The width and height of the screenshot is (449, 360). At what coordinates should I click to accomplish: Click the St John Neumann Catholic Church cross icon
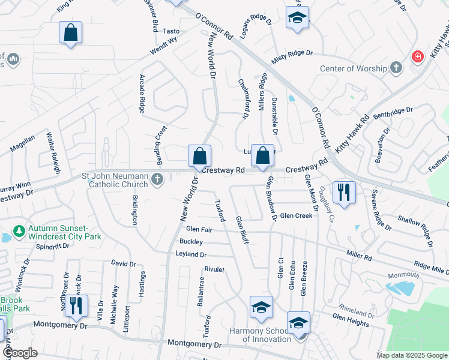(157, 179)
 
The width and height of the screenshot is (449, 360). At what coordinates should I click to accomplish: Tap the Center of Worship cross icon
(396, 68)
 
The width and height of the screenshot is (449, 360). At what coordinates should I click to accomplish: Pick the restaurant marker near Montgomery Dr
(76, 305)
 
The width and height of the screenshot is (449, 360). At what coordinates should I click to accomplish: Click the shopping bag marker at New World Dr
(199, 156)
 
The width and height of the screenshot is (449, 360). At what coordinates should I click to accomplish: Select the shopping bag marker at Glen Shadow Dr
(262, 156)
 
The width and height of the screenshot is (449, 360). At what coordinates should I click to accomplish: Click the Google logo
(20, 353)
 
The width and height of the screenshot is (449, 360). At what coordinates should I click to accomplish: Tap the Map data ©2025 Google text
(411, 355)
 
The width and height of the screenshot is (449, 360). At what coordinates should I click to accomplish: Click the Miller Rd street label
(359, 256)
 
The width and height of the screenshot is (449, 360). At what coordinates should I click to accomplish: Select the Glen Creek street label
(296, 215)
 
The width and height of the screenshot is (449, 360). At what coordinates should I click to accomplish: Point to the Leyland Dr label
(191, 254)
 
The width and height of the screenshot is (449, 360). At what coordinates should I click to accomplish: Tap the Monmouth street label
(403, 275)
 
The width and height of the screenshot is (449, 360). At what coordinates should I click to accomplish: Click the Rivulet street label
(214, 269)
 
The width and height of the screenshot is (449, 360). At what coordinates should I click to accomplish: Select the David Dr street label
(124, 263)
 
